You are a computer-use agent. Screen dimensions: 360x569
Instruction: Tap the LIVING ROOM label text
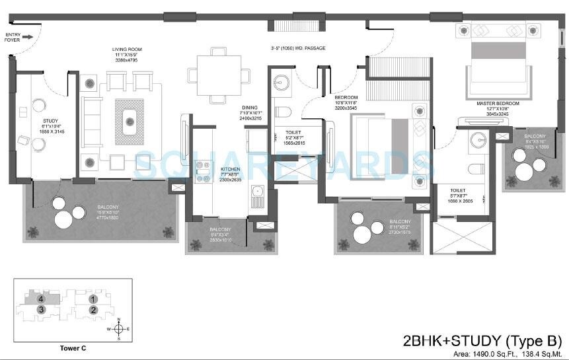[x=128, y=50]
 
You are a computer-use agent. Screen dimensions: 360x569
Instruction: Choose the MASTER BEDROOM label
[x=498, y=104]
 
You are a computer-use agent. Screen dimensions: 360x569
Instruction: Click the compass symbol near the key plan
[x=117, y=328]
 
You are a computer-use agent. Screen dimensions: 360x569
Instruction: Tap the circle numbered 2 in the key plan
[x=94, y=309]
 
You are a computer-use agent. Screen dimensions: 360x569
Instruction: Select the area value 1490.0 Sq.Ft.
[x=486, y=354]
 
